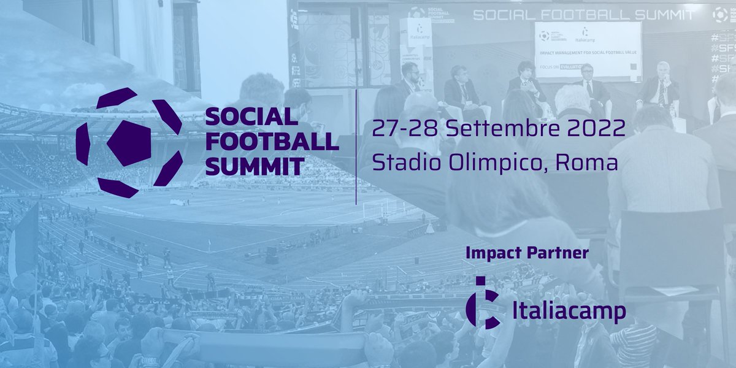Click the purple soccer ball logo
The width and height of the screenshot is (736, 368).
point(129,143)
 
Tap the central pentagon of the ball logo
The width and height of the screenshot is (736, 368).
point(129,143)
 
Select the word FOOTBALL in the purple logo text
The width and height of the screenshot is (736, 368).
point(272,141)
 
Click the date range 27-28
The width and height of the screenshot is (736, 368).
point(405,129)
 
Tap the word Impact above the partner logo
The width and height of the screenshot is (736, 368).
point(494,252)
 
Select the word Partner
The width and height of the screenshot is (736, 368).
point(560,252)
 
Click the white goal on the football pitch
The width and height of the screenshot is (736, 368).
point(375,209)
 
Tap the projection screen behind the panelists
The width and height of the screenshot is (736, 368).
point(587,52)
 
